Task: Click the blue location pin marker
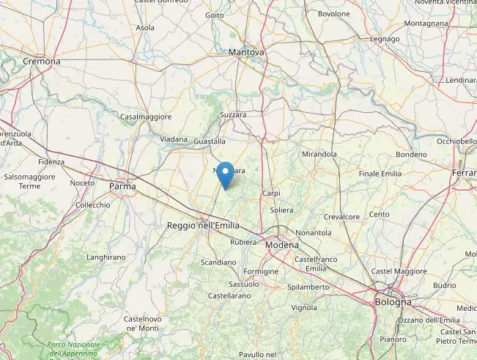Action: tap(226, 175)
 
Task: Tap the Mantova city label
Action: tap(246, 53)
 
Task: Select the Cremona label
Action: tap(41, 62)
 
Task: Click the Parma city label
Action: tap(122, 186)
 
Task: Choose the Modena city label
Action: tap(281, 245)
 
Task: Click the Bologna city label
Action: tap(393, 302)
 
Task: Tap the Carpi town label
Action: tap(271, 194)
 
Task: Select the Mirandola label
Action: tap(319, 155)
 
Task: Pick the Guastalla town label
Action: tap(210, 141)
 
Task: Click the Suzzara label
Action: tap(233, 115)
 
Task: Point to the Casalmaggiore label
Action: tap(146, 117)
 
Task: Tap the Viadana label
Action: tap(174, 139)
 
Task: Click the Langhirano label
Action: tap(106, 257)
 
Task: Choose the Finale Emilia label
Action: tap(380, 174)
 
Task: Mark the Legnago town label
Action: tap(385, 39)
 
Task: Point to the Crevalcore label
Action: tap(341, 217)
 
